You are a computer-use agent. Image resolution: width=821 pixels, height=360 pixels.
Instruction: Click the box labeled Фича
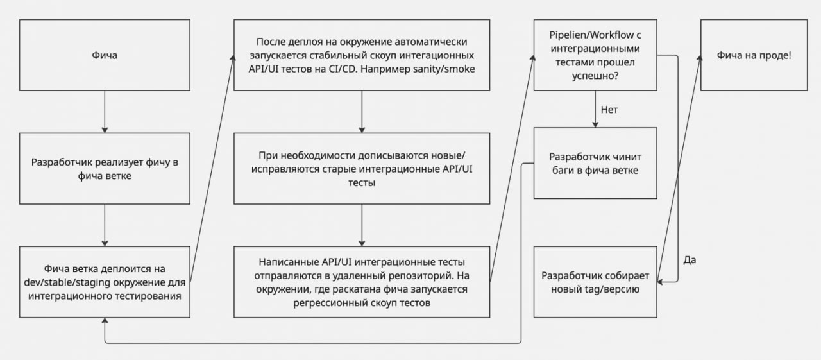(x=105, y=55)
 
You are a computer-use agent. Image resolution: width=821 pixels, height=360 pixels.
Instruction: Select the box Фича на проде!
(x=754, y=55)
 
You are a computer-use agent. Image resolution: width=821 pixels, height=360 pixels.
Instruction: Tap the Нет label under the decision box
(x=609, y=110)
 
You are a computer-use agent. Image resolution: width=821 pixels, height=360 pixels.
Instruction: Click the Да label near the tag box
(x=690, y=260)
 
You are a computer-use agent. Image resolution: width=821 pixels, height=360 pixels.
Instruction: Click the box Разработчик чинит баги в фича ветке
(x=595, y=163)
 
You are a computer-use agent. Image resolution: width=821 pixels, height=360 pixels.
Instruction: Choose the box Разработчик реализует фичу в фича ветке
(x=105, y=169)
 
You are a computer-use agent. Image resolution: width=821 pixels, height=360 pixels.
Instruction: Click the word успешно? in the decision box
(x=595, y=76)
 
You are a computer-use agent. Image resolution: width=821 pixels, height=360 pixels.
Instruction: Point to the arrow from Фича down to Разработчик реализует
(x=105, y=112)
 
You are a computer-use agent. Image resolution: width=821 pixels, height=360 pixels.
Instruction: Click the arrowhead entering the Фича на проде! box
(x=699, y=58)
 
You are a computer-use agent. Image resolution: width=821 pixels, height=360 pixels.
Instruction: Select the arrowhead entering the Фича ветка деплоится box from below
(x=105, y=321)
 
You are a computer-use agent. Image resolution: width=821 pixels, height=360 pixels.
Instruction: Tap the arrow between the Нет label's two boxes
(x=595, y=109)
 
